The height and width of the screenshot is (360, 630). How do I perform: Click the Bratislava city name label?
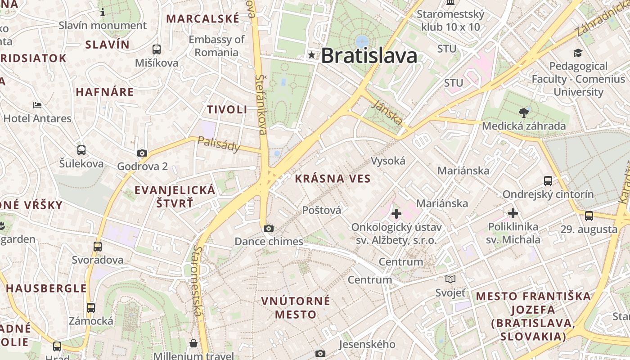[x=369, y=56]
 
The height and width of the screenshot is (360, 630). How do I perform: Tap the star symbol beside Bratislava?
[x=311, y=55]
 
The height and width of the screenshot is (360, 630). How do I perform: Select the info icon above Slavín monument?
[x=103, y=12]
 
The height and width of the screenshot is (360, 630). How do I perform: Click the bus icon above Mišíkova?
[x=157, y=49]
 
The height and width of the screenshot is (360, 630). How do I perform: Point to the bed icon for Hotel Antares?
[x=37, y=105]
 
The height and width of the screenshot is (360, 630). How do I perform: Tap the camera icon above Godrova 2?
[x=142, y=153]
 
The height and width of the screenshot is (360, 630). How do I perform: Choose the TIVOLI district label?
[x=227, y=109]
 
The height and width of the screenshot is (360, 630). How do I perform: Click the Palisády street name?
[x=219, y=144]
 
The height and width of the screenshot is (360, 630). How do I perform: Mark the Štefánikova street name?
[x=261, y=104]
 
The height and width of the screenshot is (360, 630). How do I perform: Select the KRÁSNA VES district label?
[x=333, y=179]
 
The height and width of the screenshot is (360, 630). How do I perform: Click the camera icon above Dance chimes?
[x=269, y=228]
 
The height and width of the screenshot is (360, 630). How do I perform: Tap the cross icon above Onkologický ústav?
[x=396, y=213]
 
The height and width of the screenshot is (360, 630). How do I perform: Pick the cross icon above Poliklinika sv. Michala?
[x=513, y=213]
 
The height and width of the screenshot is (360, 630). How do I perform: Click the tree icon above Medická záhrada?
[x=523, y=112]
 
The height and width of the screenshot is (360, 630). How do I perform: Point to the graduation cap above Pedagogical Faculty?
[x=578, y=53]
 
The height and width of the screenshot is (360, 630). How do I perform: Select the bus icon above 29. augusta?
[x=589, y=216]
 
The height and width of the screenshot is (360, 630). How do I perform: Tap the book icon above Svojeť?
[x=450, y=279]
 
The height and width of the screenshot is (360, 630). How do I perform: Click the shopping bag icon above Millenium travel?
[x=193, y=343]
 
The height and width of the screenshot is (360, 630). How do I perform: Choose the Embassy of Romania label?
[x=216, y=46]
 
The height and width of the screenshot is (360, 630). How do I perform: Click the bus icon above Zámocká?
[x=91, y=308]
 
